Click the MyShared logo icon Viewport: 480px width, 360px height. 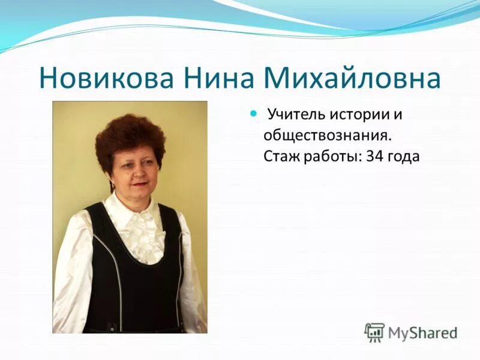click(x=374, y=332)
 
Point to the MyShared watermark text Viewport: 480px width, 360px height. click(x=422, y=332)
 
